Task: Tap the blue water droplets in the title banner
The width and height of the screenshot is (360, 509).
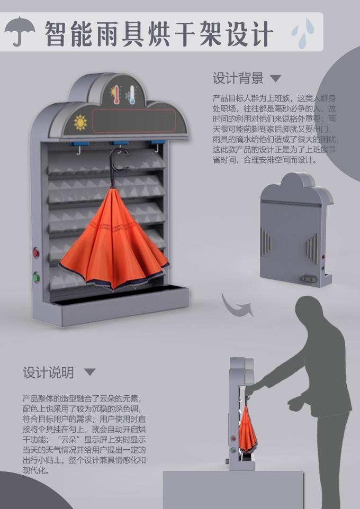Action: (x=303, y=33)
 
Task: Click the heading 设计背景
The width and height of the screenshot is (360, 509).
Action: (x=238, y=78)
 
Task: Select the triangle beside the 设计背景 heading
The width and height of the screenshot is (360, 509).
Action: (x=275, y=78)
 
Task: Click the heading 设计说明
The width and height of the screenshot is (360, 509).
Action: (x=48, y=372)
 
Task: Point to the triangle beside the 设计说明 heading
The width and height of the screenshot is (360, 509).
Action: (x=89, y=372)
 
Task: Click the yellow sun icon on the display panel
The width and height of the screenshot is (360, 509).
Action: (x=80, y=122)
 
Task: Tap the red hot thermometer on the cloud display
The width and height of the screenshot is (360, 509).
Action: (x=115, y=95)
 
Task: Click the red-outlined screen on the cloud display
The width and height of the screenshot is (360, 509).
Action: (x=134, y=121)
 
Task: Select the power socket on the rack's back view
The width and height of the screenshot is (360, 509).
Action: (x=309, y=279)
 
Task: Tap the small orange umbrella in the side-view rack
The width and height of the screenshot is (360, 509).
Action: (x=247, y=429)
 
